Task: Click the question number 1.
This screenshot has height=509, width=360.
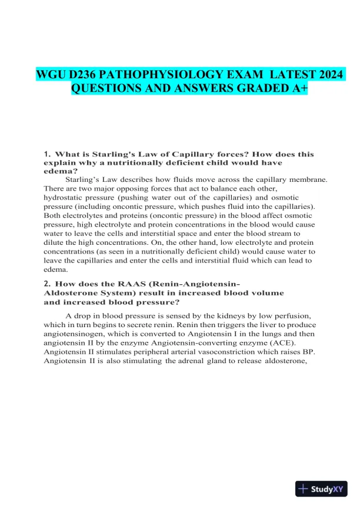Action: click(46, 154)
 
